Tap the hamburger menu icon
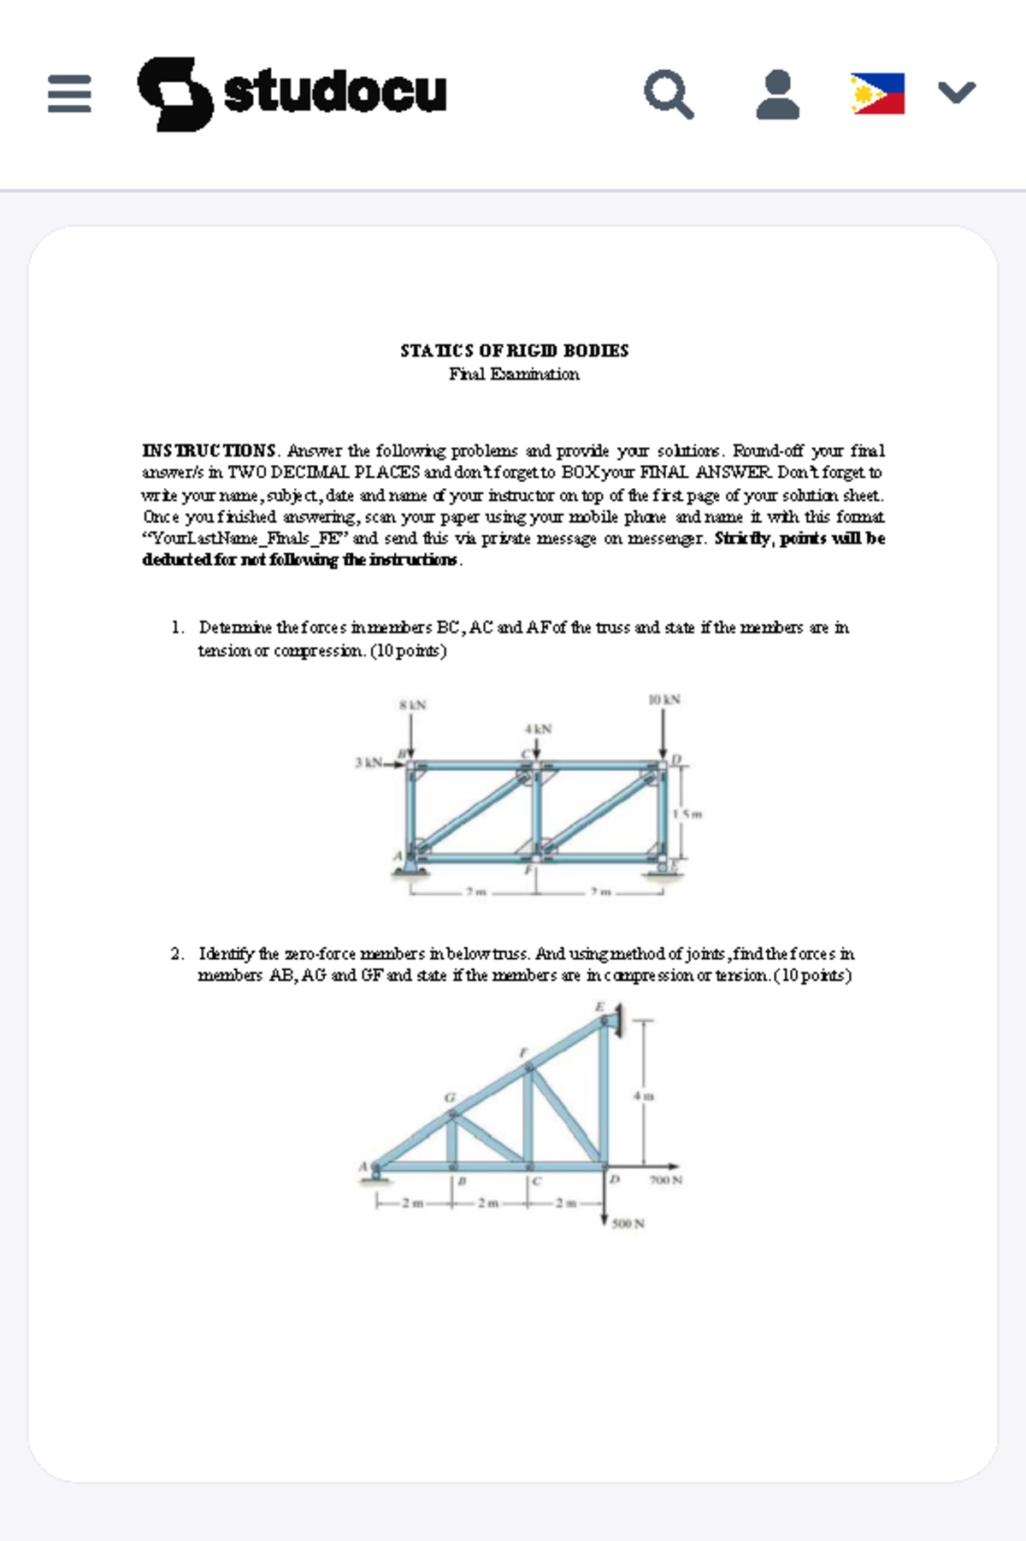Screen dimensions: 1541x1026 (x=69, y=93)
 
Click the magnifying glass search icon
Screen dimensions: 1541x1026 (x=669, y=94)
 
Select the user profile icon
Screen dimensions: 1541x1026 (x=777, y=94)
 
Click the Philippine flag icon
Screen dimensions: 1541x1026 (x=877, y=93)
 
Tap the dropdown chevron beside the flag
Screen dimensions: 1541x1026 (x=956, y=91)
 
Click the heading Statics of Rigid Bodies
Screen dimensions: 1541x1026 (x=514, y=350)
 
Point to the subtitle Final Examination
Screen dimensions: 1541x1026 (x=514, y=374)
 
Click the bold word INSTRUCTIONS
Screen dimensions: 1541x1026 (x=209, y=450)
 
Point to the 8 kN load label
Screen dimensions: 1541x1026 (x=412, y=705)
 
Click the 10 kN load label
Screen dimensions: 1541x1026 (x=664, y=699)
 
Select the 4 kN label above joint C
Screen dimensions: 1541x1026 (x=538, y=729)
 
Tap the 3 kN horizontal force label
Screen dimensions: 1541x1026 (x=368, y=762)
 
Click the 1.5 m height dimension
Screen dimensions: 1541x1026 (x=687, y=814)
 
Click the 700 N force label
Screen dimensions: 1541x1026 (x=665, y=1180)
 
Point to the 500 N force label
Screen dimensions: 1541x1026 (x=628, y=1224)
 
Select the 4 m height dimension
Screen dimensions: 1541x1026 (x=644, y=1096)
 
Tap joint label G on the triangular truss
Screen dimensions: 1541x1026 (x=449, y=1097)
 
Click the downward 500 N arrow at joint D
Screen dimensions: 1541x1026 (x=604, y=1197)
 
